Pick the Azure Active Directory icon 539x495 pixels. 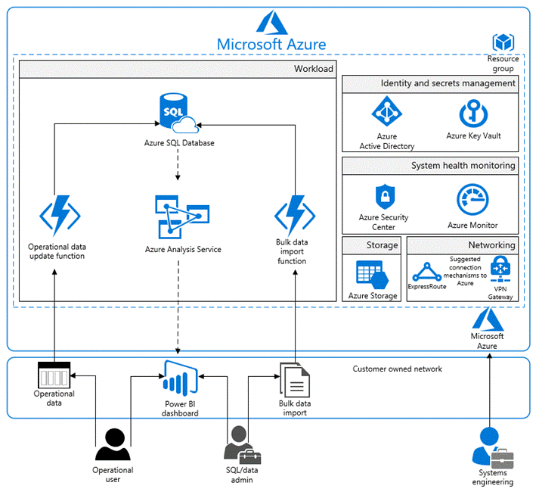tap(386, 114)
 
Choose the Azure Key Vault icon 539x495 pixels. tap(473, 114)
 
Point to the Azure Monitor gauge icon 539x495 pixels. tap(472, 201)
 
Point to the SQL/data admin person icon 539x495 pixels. tap(241, 444)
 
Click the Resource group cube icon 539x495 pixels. tap(503, 42)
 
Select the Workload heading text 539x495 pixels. tap(313, 69)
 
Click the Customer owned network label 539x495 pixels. tap(397, 369)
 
